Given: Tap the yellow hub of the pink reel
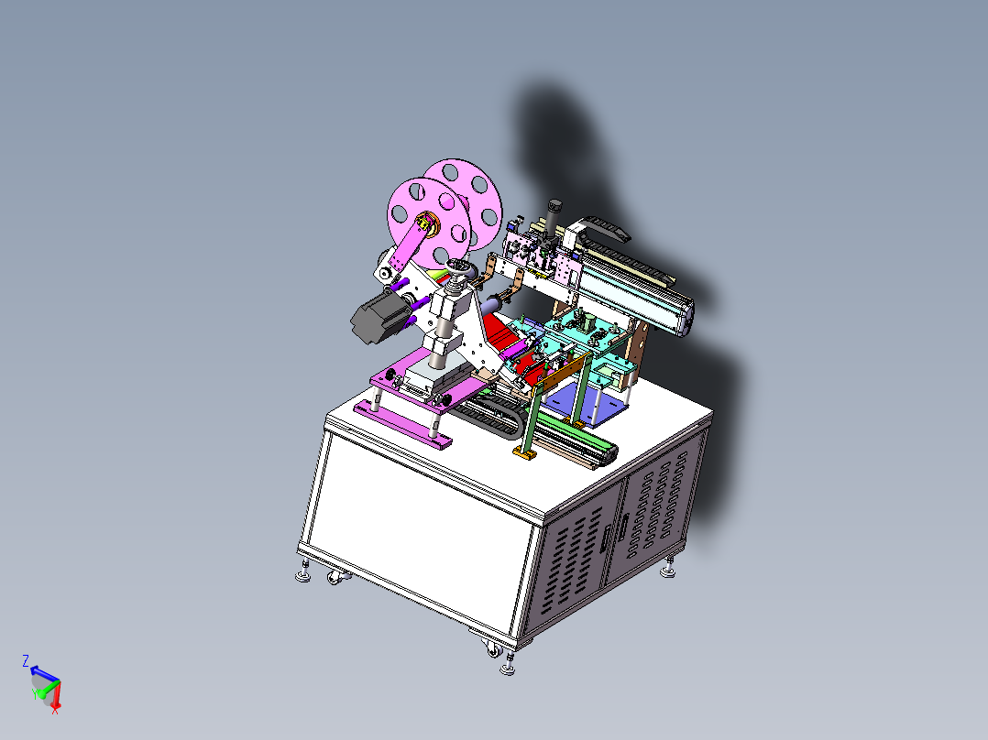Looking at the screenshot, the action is [x=429, y=223].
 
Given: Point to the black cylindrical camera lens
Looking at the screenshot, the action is [x=554, y=216].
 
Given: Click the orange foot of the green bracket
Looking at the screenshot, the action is [x=525, y=452].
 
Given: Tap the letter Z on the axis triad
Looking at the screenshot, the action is [x=26, y=660].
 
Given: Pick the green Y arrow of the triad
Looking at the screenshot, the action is [x=41, y=692].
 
